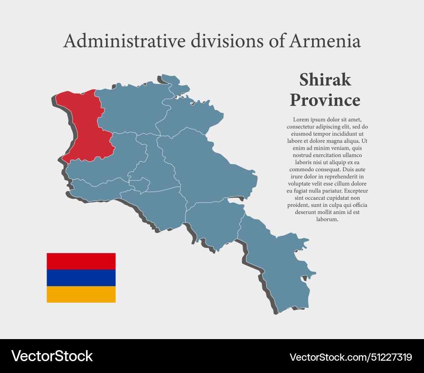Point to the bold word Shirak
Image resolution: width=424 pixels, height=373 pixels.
[325, 79]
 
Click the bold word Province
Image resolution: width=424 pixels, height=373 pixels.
[325, 100]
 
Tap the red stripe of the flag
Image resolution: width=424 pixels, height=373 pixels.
[81, 261]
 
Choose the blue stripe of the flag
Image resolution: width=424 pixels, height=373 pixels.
[81, 278]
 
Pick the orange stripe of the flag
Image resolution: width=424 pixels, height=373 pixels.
[81, 294]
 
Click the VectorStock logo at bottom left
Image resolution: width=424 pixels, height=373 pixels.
[52, 356]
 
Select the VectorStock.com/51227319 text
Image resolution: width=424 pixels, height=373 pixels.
[351, 357]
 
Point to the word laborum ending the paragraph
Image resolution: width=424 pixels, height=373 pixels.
[327, 219]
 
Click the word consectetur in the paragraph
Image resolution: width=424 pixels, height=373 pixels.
[302, 127]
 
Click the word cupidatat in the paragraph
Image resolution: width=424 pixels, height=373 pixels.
[331, 198]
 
